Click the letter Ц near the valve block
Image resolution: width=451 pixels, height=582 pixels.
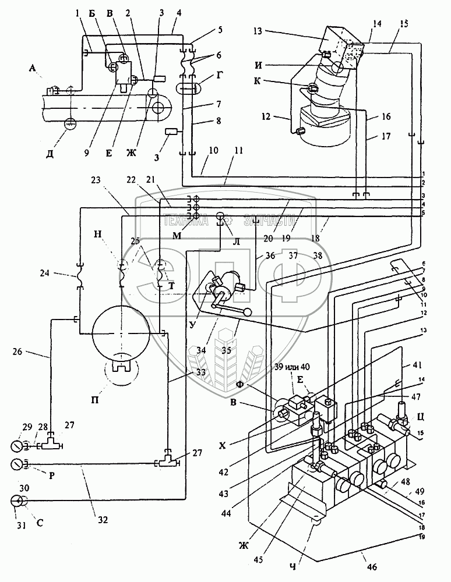click(427, 417)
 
